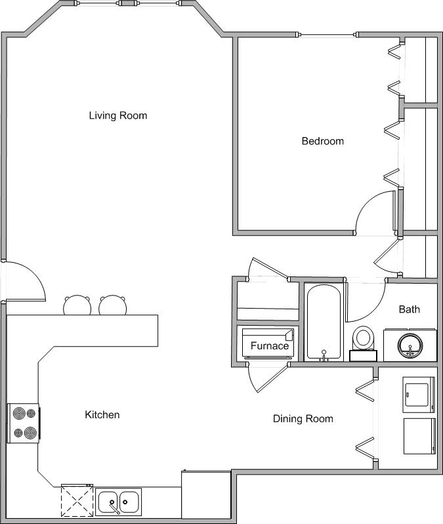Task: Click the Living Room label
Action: pos(118,116)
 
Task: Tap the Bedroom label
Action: pos(322,141)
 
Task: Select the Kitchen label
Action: pos(102,415)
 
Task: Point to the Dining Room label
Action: pos(303,419)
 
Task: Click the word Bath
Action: pos(409,309)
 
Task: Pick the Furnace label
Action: pos(269,345)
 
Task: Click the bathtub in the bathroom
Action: pos(323,322)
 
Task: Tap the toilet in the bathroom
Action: pos(362,341)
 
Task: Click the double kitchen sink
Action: pos(118,502)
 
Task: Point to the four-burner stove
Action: pos(23,424)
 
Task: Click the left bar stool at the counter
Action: pos(77,305)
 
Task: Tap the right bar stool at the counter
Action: pos(112,305)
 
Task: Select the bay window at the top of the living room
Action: pos(129,4)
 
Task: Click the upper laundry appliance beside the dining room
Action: pos(418,395)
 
